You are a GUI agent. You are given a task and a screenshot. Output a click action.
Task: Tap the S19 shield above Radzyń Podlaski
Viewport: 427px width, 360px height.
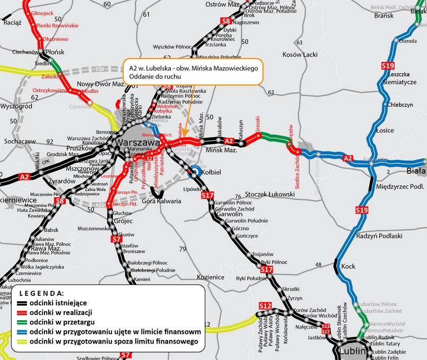point(362,210)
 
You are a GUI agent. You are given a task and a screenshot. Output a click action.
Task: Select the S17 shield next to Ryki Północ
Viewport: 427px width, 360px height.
point(267,270)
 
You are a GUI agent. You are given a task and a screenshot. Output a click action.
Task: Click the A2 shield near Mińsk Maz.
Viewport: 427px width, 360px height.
point(229,141)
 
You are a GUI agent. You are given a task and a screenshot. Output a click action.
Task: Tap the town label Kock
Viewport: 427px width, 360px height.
point(348,266)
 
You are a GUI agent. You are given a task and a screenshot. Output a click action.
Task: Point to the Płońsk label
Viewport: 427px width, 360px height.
point(55,52)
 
